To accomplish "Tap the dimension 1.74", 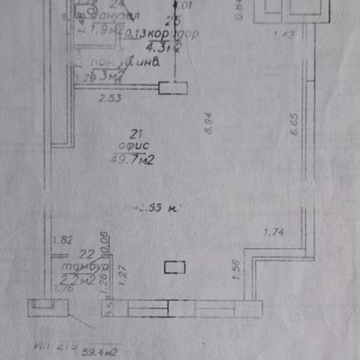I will [x=274, y=231].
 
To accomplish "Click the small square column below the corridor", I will [x=169, y=88].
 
